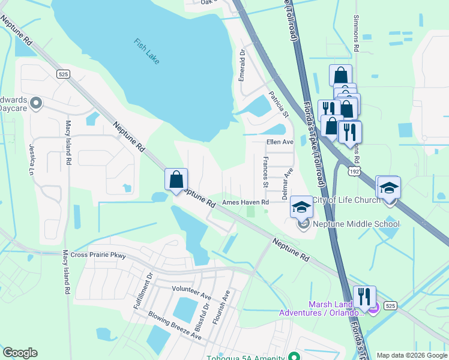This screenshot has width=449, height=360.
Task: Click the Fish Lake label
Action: click(146, 51)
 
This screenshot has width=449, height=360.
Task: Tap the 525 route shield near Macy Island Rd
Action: click(64, 74)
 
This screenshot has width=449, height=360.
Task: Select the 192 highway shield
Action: click(354, 172)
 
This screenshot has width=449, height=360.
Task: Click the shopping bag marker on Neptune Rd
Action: click(176, 179)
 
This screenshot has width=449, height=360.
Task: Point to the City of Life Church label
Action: click(352, 200)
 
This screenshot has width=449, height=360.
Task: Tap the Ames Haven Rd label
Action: click(245, 203)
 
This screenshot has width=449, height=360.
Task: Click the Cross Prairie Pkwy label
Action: click(98, 255)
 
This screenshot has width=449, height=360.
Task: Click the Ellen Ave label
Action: click(279, 142)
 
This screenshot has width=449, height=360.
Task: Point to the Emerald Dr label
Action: click(243, 65)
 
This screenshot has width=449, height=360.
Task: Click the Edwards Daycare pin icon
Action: click(36, 103)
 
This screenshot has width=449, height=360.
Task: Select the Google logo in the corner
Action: click(20, 353)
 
